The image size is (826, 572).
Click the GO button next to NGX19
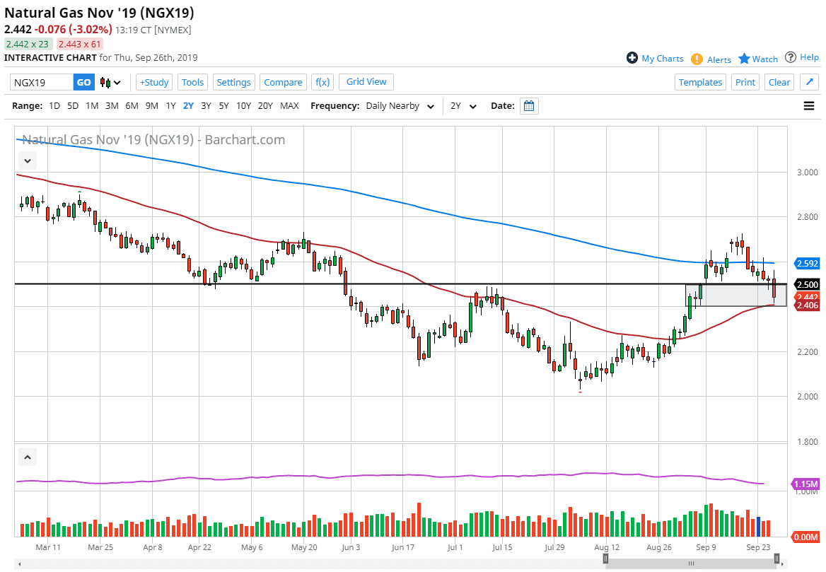(83, 82)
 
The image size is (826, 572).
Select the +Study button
(153, 82)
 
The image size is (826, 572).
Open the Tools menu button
(192, 82)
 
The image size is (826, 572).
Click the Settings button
(233, 82)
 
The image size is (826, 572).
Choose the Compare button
(283, 82)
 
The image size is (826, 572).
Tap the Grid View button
(366, 82)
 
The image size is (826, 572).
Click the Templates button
(700, 82)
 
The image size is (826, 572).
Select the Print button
(745, 82)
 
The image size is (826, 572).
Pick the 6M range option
(132, 106)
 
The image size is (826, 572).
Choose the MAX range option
(289, 106)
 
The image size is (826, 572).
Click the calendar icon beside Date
(529, 106)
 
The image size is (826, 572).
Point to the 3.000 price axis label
(805, 173)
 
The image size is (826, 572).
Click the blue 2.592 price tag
(806, 264)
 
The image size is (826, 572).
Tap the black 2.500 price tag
(806, 284)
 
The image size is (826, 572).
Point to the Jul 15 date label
(503, 547)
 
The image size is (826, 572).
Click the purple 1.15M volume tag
(806, 484)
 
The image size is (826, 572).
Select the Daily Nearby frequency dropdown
(400, 106)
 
